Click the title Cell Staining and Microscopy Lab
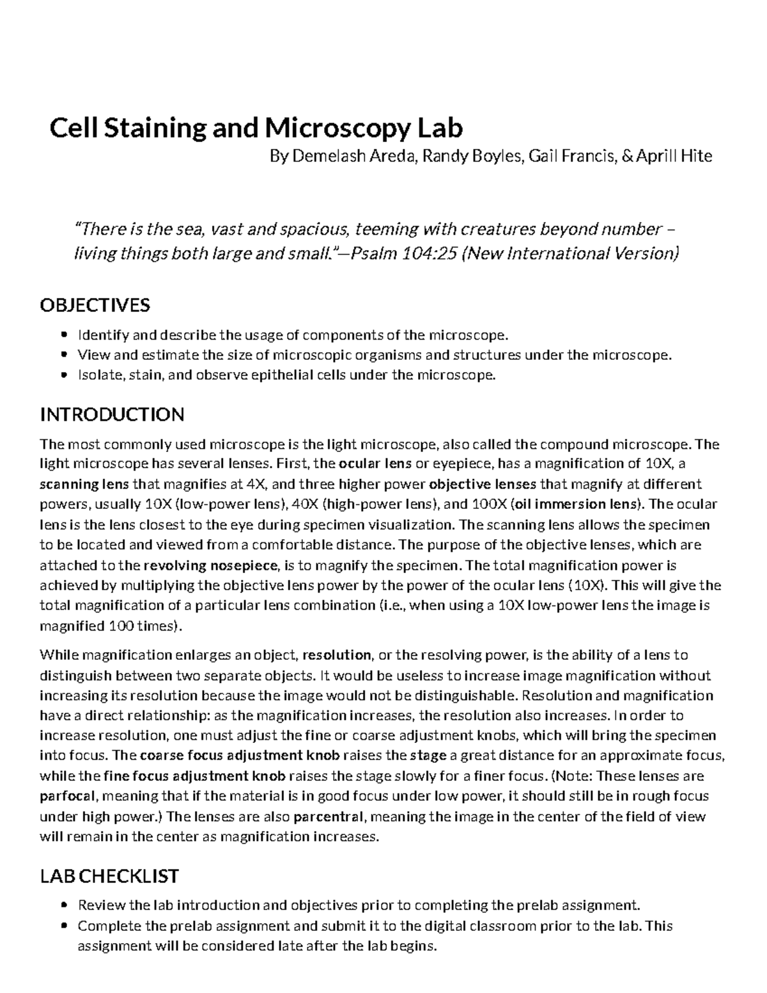(x=256, y=128)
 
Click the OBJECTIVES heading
(x=95, y=305)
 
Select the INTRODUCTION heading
(x=112, y=414)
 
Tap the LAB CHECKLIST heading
(x=109, y=875)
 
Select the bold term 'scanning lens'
(x=75, y=484)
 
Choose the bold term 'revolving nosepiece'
(x=212, y=565)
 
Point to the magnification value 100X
(x=488, y=504)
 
